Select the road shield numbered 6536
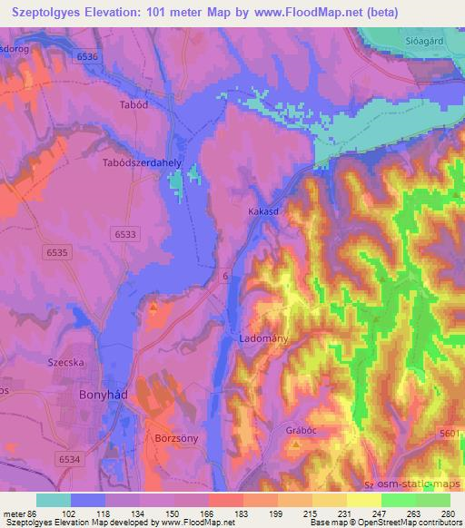click(x=88, y=56)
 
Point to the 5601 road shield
click(x=449, y=435)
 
